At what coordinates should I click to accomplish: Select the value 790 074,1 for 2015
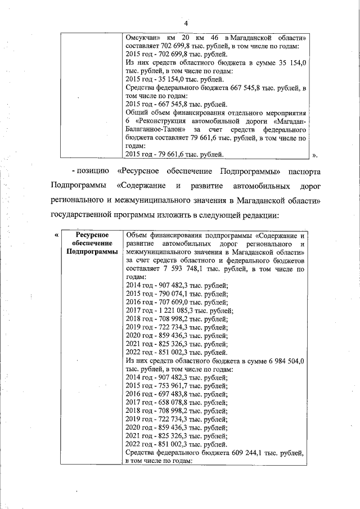click(x=170, y=294)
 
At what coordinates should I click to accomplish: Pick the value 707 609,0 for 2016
click(x=170, y=302)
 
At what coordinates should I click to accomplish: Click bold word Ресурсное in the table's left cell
click(x=91, y=235)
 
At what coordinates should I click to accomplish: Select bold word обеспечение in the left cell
click(x=91, y=243)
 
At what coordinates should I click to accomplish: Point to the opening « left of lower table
click(x=56, y=235)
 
